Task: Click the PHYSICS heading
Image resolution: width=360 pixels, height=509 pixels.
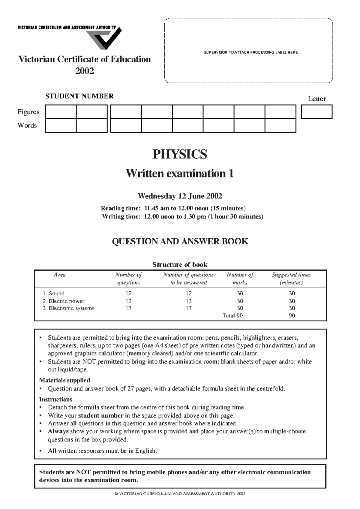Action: click(x=180, y=154)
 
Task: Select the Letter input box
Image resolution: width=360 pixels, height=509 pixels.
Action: click(x=316, y=112)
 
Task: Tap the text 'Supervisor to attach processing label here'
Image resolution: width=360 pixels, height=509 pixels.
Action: click(x=250, y=52)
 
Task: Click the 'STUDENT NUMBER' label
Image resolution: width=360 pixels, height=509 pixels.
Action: click(x=79, y=96)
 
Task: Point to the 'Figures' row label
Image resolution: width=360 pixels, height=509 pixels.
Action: click(x=28, y=112)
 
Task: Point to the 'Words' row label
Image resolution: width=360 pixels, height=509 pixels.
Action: click(x=27, y=125)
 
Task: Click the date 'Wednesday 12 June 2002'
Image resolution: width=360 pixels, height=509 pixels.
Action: click(x=180, y=196)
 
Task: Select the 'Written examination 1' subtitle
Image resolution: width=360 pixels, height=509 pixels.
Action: click(x=180, y=173)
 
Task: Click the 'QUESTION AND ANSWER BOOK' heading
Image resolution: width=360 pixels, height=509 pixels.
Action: click(x=180, y=241)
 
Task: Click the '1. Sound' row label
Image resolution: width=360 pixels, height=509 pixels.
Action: click(x=54, y=293)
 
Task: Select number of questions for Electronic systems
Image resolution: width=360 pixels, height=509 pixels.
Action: click(x=128, y=308)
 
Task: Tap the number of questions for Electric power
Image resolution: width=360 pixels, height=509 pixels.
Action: click(x=128, y=301)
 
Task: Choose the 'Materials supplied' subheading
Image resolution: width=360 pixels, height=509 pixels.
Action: click(x=64, y=380)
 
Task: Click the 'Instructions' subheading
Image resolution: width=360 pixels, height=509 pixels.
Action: click(x=55, y=399)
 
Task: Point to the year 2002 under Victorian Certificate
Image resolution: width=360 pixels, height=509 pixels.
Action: click(x=85, y=71)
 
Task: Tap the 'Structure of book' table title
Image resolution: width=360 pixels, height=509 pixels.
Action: click(x=180, y=265)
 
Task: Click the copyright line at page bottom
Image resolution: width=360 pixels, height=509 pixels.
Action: click(x=180, y=494)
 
